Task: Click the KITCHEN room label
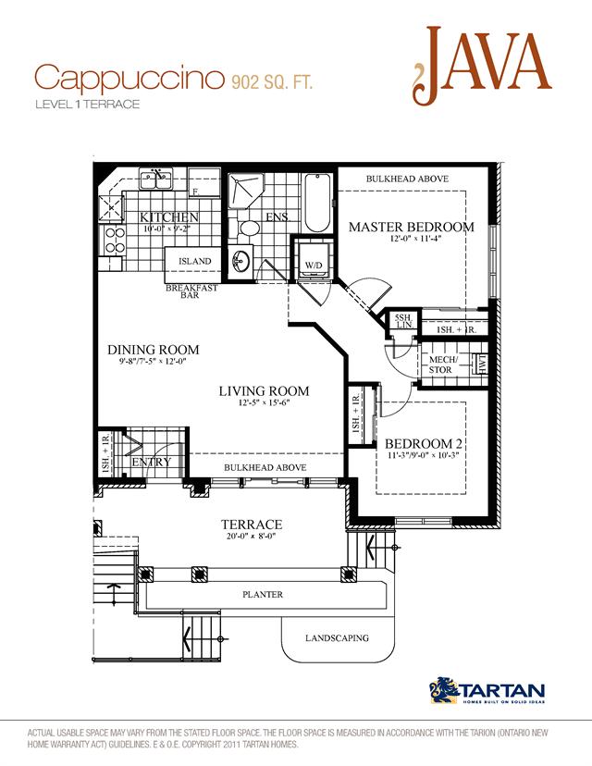click(169, 217)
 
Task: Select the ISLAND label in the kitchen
click(195, 261)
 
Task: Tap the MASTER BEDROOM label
click(411, 227)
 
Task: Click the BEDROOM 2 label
click(424, 443)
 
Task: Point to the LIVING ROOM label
click(264, 391)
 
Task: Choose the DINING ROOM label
click(154, 350)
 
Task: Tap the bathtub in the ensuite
click(314, 203)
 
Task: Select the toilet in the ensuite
click(250, 227)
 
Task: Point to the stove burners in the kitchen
click(115, 241)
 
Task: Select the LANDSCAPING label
click(337, 638)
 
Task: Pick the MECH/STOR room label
click(440, 364)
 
